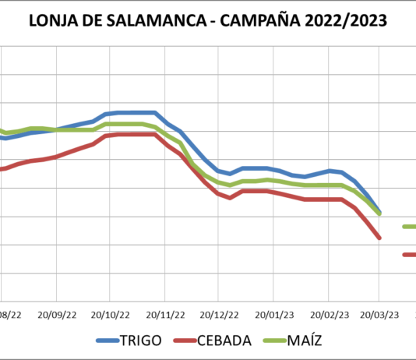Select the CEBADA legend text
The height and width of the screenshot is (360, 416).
224,341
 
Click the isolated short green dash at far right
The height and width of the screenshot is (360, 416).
409,227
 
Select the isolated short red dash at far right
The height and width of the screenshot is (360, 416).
409,255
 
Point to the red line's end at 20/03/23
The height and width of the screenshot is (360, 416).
379,238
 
